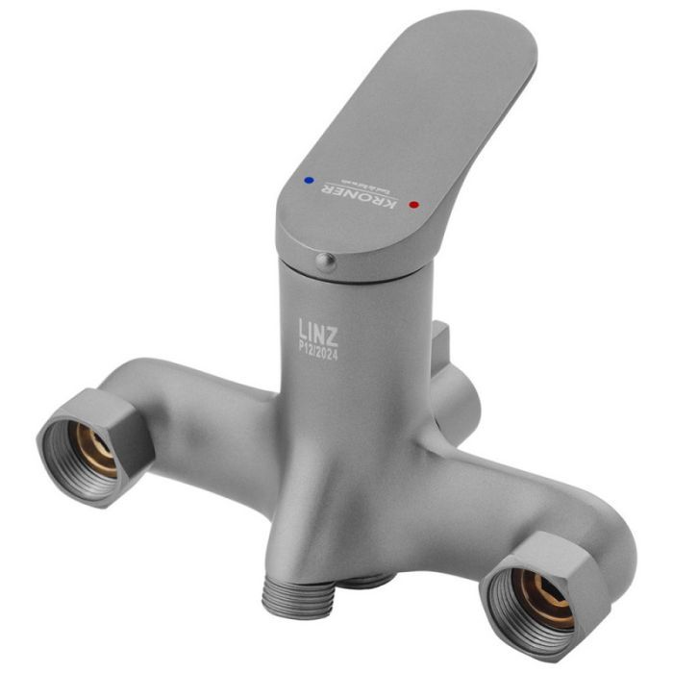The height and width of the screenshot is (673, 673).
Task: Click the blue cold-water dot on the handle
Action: click(308, 179)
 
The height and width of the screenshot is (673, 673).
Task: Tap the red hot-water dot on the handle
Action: click(413, 205)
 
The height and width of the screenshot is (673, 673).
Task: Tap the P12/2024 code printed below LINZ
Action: click(319, 353)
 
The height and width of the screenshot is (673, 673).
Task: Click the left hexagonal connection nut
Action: click(93, 443)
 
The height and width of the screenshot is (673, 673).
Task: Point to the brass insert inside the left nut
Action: click(96, 450)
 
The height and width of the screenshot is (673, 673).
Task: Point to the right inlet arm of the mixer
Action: click(500, 500)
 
